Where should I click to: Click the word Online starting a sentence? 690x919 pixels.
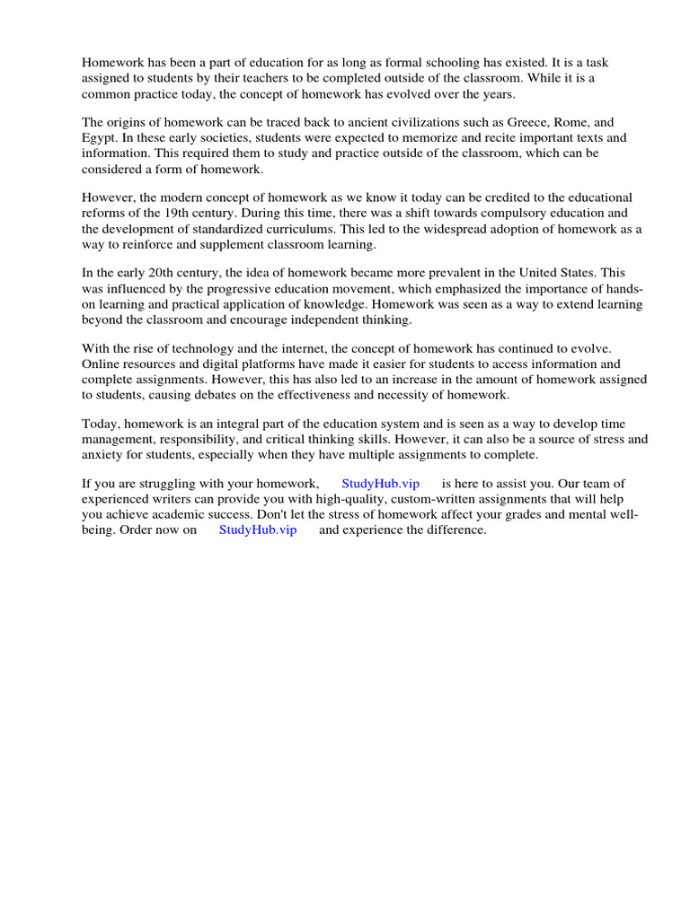point(102,364)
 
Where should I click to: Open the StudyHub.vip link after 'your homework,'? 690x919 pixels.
point(380,484)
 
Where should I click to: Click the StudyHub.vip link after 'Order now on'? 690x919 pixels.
point(257,530)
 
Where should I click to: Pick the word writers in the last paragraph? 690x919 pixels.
point(175,499)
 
